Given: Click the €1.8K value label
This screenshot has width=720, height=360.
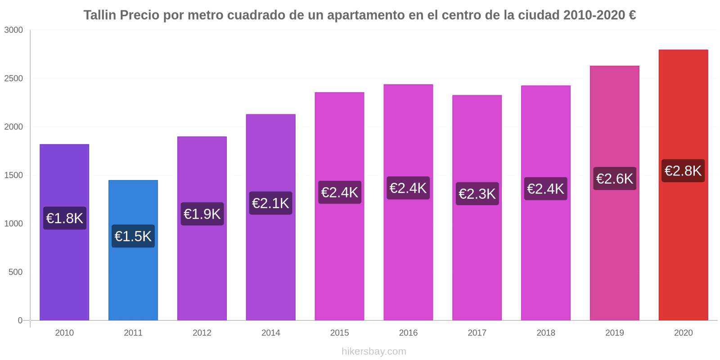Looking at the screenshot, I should [x=65, y=218].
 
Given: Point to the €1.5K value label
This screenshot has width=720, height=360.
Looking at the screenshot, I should [x=133, y=236].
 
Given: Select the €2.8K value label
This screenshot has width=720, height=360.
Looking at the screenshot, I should [x=683, y=171].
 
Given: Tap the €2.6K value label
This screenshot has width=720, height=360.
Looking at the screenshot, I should [x=615, y=179].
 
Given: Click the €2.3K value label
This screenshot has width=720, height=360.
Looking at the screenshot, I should [x=477, y=194].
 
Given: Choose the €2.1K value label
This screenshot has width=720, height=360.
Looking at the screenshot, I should [x=270, y=203].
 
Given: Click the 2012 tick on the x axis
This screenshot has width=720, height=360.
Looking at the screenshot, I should [x=202, y=333].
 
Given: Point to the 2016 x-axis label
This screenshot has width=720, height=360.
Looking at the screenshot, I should [x=408, y=333].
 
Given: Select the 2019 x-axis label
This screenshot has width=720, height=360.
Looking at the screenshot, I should [x=615, y=333].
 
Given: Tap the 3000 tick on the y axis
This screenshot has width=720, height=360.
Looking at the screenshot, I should [x=13, y=30].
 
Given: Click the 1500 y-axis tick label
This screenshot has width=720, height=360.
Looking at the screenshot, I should [x=13, y=175].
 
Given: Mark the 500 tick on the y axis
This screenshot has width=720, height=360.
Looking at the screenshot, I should [x=15, y=272].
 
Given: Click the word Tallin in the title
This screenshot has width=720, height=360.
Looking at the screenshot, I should [x=100, y=15].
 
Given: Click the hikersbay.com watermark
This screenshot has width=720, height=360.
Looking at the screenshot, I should [x=374, y=351].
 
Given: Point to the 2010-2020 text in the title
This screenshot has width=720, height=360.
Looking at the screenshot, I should [x=594, y=15].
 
